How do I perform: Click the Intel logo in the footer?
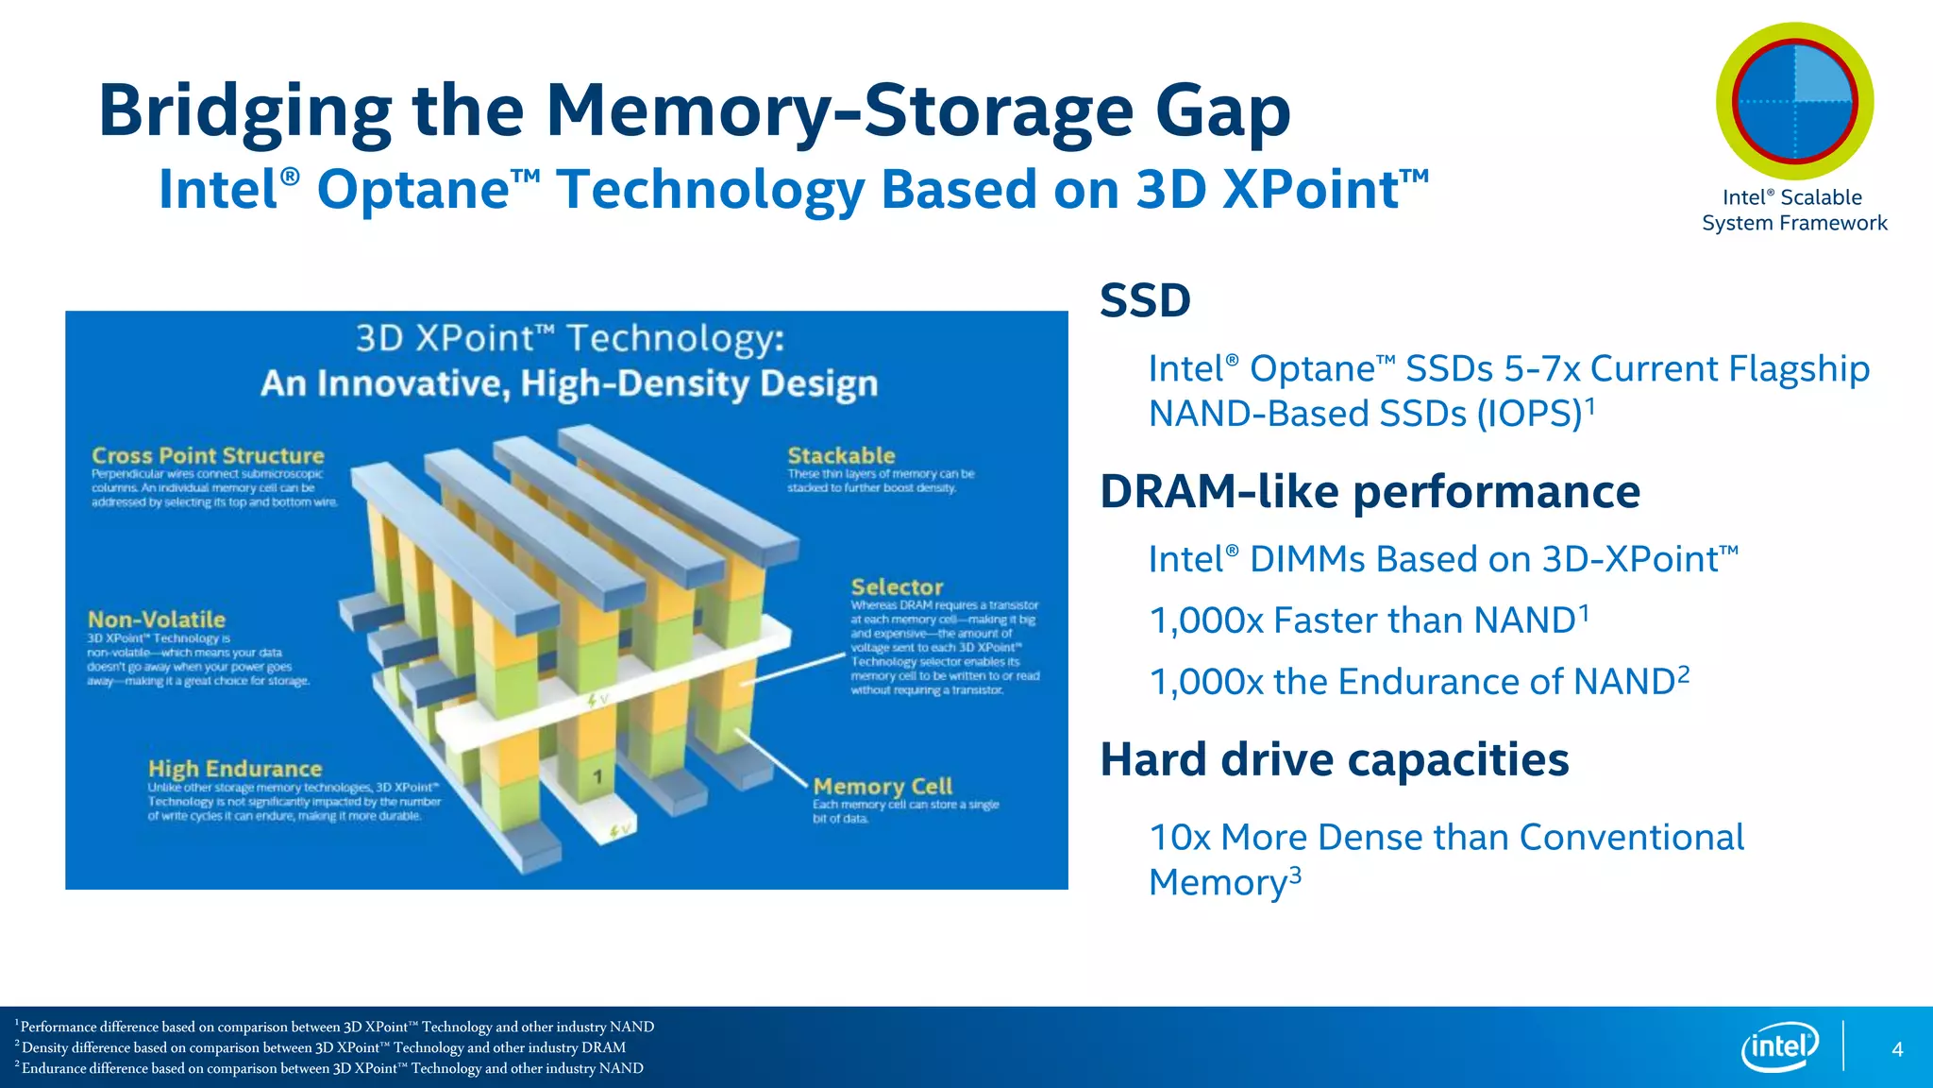pos(1780,1047)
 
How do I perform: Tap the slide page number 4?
pos(1897,1049)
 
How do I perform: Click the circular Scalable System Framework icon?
pos(1794,102)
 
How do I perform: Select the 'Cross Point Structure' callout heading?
pos(208,455)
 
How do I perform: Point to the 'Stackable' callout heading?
pos(841,455)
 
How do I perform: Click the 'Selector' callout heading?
pos(897,586)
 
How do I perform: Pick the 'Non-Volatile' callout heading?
pos(157,620)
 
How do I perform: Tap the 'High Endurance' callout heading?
pos(235,769)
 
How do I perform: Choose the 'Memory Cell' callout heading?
pos(882,786)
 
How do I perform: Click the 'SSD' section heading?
pos(1145,301)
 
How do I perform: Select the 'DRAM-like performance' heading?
pos(1370,492)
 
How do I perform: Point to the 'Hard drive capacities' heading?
pos(1334,759)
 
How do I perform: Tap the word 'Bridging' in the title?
pos(244,111)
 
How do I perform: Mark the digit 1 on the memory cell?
pos(597,777)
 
